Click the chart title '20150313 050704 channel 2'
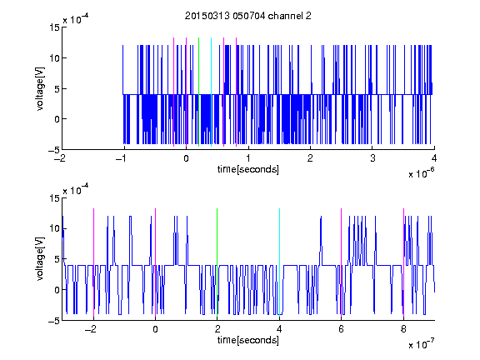tap(248, 16)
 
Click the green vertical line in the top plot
tap(199, 92)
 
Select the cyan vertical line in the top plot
tap(211, 92)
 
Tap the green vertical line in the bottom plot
tap(217, 262)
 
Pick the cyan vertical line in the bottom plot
tap(279, 262)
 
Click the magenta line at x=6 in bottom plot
tap(342, 262)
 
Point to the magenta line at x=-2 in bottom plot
tap(93, 262)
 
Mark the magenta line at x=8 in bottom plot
tap(404, 262)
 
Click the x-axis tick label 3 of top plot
tap(372, 158)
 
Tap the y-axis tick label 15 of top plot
tap(54, 27)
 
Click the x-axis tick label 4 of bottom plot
tap(279, 329)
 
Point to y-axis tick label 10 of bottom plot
tap(54, 228)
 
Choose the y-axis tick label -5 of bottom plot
tap(54, 321)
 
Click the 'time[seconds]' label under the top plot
tap(248, 169)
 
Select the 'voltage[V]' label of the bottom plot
tap(40, 259)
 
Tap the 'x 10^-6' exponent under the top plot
tap(421, 172)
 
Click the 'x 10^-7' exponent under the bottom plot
tap(421, 343)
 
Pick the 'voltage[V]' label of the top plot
tap(40, 88)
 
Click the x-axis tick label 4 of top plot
tap(434, 158)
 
